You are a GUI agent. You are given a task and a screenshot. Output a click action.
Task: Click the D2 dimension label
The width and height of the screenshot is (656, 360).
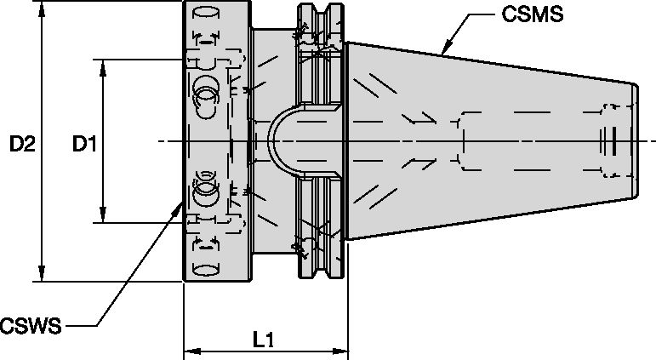click(21, 145)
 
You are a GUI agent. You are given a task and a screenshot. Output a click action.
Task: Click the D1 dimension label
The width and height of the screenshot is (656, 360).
click(83, 145)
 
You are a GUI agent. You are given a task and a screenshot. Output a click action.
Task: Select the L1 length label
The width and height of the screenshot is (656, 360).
click(264, 340)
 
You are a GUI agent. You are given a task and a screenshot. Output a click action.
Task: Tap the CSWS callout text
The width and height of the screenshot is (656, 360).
click(31, 327)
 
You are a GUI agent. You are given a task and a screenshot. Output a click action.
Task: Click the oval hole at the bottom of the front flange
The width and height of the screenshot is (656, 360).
click(204, 270)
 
